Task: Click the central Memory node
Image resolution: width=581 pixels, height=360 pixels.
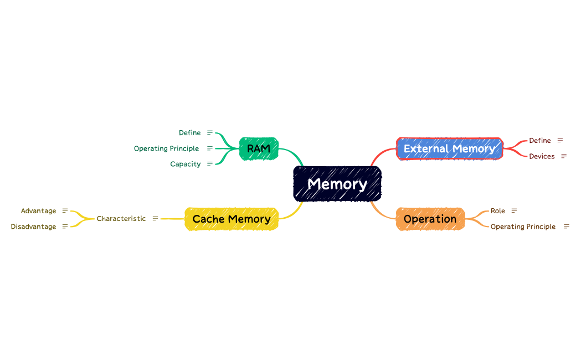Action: (x=337, y=183)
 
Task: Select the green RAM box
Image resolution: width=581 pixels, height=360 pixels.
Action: (x=259, y=148)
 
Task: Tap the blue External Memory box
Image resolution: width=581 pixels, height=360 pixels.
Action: (x=449, y=148)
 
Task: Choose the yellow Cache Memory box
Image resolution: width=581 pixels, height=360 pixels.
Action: (x=232, y=219)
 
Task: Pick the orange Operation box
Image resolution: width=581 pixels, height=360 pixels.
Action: (x=430, y=219)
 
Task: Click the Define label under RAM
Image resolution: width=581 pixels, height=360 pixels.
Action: (x=189, y=133)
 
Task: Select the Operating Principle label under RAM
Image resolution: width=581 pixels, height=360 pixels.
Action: (x=166, y=148)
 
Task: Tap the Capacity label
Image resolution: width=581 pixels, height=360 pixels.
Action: (x=186, y=164)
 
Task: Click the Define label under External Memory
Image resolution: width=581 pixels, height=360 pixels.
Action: (x=539, y=141)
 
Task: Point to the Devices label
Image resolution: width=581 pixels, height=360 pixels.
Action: (x=542, y=156)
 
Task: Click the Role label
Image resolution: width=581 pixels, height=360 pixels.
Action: (x=498, y=211)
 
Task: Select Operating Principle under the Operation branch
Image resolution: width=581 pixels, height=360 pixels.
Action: (x=523, y=227)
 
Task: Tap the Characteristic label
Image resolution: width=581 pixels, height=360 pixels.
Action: (x=121, y=219)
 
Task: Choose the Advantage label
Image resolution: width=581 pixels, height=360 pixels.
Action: (x=38, y=211)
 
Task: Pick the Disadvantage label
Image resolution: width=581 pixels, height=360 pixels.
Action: (x=33, y=227)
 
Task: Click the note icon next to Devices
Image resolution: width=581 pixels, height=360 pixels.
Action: (x=564, y=156)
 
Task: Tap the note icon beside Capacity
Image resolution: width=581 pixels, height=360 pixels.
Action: (x=210, y=164)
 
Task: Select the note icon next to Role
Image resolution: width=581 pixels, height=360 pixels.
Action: (x=514, y=211)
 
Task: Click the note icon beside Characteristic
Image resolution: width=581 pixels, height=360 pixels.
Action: (x=155, y=219)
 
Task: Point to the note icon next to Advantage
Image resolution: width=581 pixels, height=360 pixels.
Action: (x=65, y=211)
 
